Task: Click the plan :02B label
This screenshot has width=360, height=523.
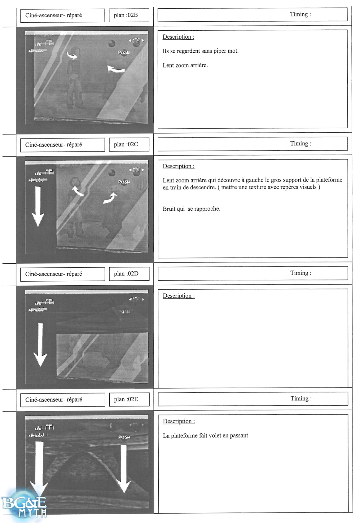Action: click(126, 15)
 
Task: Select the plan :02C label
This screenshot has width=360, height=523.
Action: click(126, 144)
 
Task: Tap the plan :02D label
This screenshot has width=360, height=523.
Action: click(126, 274)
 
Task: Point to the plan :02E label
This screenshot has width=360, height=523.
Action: click(126, 399)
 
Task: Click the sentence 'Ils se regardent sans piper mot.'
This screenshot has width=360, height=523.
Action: click(200, 51)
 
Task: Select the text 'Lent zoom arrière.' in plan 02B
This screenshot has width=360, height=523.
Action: click(185, 65)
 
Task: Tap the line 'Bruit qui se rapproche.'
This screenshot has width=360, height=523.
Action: click(191, 209)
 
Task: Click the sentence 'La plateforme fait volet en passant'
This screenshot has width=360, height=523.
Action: click(205, 436)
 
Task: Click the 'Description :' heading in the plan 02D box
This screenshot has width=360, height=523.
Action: click(179, 296)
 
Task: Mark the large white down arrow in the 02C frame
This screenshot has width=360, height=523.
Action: click(38, 206)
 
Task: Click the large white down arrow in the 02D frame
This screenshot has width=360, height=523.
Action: click(40, 344)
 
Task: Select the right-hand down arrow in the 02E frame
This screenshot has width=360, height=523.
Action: click(124, 468)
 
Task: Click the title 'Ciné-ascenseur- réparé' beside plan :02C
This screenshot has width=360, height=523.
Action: click(54, 145)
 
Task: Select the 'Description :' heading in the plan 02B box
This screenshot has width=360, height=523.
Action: click(178, 37)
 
